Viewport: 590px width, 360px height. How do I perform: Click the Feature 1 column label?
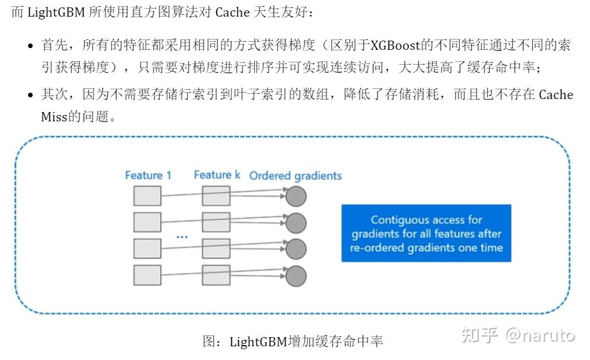coord(148,175)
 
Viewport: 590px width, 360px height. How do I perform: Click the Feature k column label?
coord(217,175)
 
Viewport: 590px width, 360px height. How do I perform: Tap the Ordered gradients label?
coord(295,176)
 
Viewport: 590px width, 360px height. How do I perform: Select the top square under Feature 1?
coord(147,196)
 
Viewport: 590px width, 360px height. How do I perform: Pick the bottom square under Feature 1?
coord(147,275)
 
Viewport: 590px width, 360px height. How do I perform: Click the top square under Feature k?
coord(216,196)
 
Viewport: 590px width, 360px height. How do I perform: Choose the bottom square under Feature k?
coord(216,275)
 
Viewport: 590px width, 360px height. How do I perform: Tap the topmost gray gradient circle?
coord(296,196)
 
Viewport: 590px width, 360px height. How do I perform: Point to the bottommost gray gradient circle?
coord(296,276)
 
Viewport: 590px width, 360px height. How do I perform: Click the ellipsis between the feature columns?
coord(182,236)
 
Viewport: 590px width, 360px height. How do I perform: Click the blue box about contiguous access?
coord(426,234)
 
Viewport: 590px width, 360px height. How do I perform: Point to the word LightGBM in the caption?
coord(258,342)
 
